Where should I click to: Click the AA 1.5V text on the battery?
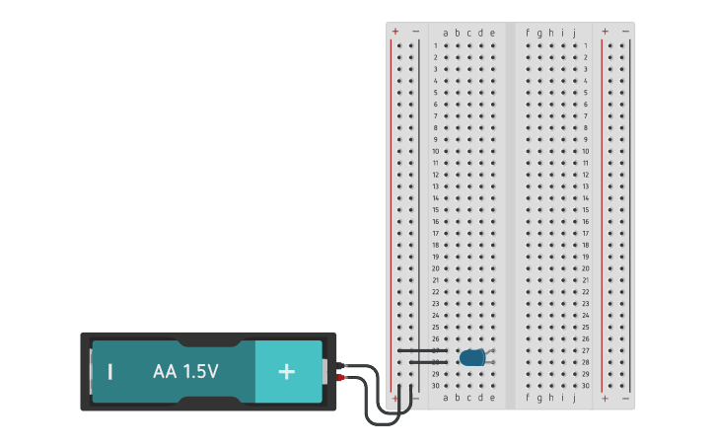[185, 372]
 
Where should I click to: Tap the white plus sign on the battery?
[286, 372]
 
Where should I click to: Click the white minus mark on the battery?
[110, 372]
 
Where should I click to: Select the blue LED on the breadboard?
[472, 357]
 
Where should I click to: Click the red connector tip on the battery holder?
[341, 378]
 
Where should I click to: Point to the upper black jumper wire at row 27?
[421, 350]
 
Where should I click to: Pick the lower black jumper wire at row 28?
[421, 362]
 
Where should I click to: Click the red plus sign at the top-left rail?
[395, 32]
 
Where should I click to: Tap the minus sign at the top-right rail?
[625, 32]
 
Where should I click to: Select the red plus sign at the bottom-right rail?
[605, 398]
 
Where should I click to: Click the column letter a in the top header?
[445, 33]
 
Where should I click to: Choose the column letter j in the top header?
[574, 33]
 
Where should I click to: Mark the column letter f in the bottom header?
[528, 398]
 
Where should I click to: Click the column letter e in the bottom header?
[492, 398]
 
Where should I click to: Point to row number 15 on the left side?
[435, 209]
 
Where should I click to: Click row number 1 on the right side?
[585, 45]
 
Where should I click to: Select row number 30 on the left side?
[435, 386]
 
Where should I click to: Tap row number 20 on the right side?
[585, 268]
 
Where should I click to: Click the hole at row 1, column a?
[446, 45]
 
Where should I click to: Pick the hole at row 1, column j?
[574, 45]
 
